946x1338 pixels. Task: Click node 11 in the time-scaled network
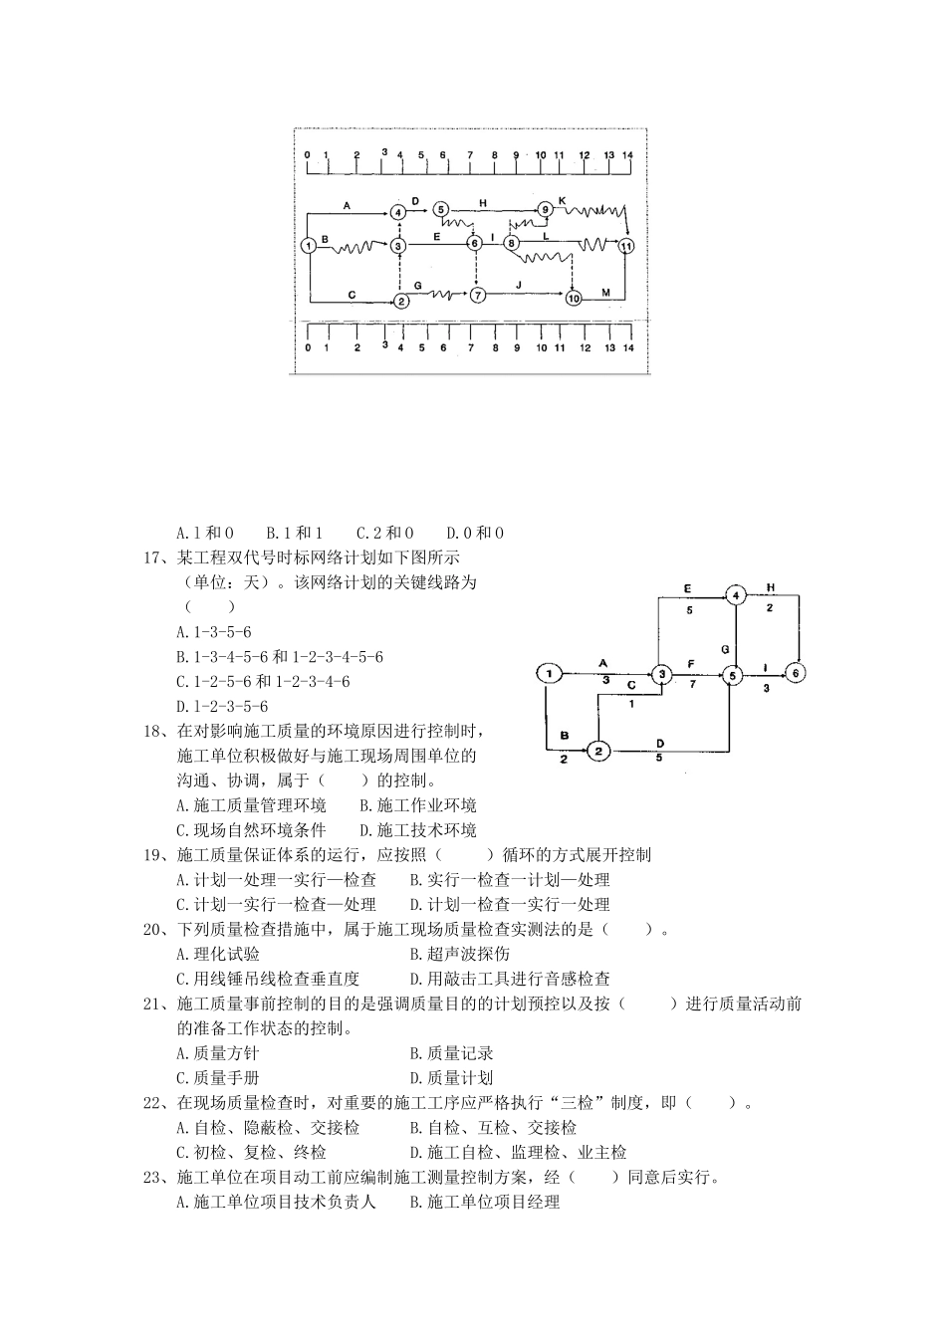(x=625, y=245)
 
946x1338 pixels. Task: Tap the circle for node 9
(x=545, y=209)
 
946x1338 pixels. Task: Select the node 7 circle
(x=479, y=295)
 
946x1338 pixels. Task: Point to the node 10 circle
(x=573, y=297)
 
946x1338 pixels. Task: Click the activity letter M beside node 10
(x=605, y=291)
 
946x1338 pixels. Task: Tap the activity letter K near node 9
(x=563, y=200)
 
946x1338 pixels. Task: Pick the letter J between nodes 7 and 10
(x=519, y=286)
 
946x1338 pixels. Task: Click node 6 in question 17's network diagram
(x=796, y=673)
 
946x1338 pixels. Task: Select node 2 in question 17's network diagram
(x=596, y=751)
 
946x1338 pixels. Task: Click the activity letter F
(x=690, y=662)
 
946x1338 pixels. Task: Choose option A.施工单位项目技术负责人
(x=276, y=1203)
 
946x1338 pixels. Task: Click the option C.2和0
(x=386, y=533)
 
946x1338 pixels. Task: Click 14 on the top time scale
(x=627, y=155)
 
